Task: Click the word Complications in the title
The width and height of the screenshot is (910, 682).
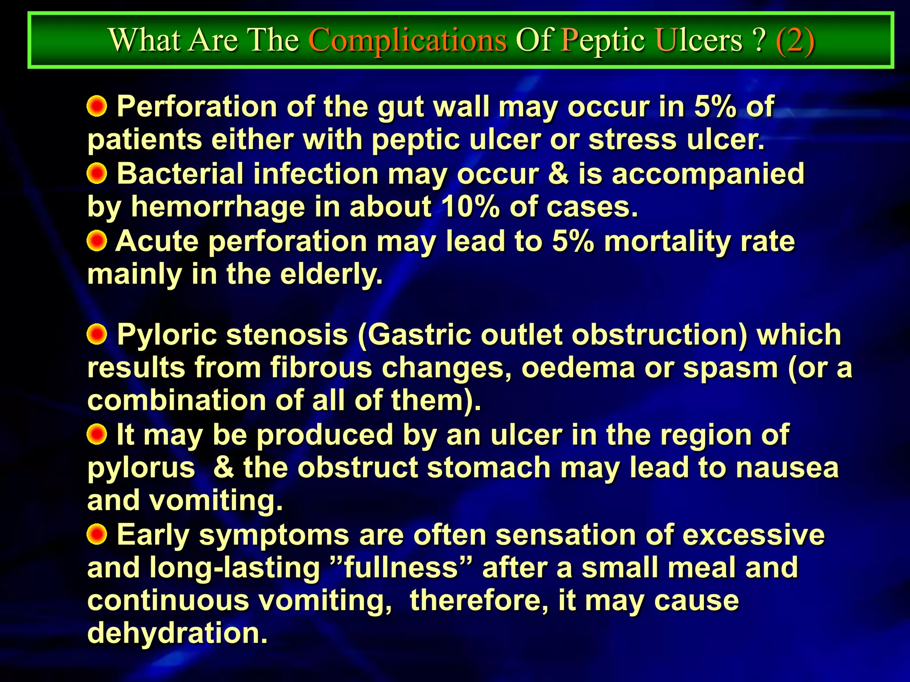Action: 407,41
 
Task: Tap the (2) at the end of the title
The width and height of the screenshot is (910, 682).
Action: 795,41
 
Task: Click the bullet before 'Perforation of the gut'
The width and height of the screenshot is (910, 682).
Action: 97,107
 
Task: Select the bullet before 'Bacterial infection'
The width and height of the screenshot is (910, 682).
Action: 97,174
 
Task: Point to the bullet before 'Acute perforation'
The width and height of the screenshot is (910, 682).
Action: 97,241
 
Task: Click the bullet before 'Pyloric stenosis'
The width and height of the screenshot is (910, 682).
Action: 97,334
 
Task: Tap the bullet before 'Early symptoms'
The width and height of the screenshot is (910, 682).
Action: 97,534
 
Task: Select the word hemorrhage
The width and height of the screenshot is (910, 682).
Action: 218,207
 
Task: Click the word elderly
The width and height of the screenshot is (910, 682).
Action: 331,274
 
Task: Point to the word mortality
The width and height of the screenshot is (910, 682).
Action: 667,242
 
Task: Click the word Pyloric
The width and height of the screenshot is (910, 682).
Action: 167,335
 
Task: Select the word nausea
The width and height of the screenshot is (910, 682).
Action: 787,468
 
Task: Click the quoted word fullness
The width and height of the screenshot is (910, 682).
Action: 401,568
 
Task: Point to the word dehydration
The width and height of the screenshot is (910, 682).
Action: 177,634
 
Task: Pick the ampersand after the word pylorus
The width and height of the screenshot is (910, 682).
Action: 224,468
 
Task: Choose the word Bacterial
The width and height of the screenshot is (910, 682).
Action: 180,174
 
